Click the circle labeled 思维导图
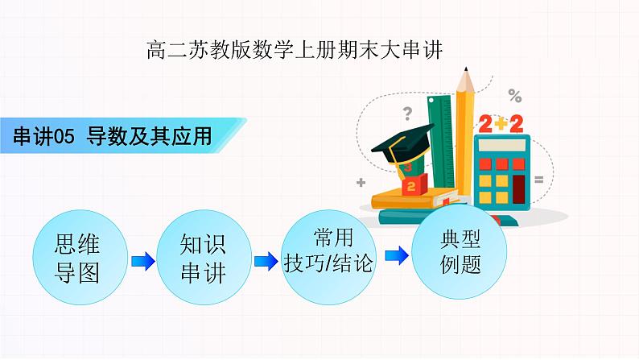tap(79, 258)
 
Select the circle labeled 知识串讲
tap(203, 258)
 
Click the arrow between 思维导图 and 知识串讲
tap(142, 261)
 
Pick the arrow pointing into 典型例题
tap(396, 255)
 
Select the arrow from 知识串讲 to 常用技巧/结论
tap(265, 261)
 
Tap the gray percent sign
tap(514, 97)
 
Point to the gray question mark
tap(407, 113)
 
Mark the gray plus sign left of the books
tap(361, 181)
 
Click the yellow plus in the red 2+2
tap(501, 122)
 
